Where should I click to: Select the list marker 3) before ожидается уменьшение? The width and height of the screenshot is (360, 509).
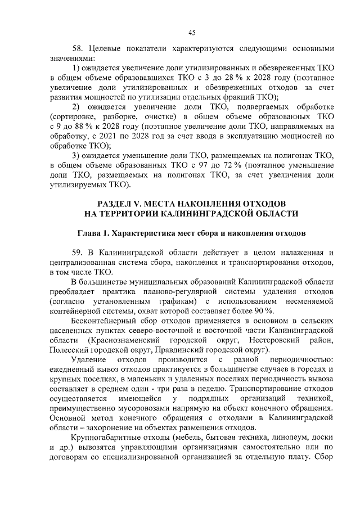point(78,155)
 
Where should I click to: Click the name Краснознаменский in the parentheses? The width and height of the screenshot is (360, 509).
point(123,341)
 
